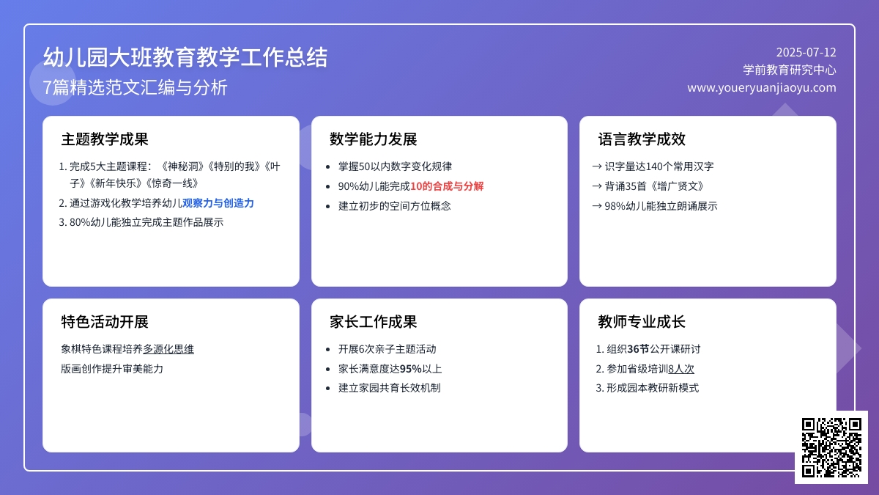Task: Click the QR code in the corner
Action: [831, 447]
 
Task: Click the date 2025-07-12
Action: [806, 52]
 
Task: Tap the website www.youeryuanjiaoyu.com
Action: [762, 87]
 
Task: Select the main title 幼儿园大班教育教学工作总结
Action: [185, 57]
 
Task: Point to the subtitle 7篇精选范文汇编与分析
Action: [135, 87]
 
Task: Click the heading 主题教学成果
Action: [105, 139]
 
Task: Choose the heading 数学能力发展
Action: [373, 139]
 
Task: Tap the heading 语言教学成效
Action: [642, 139]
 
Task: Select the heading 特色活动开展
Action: [105, 322]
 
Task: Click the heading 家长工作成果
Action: [373, 322]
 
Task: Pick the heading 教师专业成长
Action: [642, 322]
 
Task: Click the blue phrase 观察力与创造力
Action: [218, 203]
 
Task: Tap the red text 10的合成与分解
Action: [447, 186]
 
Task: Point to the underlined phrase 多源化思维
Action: [168, 349]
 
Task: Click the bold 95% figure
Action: [410, 369]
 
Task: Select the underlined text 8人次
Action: [681, 369]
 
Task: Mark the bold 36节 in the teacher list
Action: [639, 349]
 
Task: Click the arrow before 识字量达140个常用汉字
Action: [597, 166]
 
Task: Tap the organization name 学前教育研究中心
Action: [790, 70]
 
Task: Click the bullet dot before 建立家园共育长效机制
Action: [328, 389]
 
